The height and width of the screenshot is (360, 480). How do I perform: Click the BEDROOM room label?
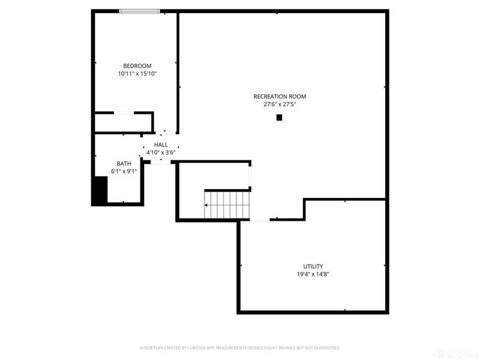(x=137, y=66)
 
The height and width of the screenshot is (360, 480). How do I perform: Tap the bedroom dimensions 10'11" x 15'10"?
(x=137, y=74)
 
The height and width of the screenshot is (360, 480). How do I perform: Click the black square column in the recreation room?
(x=279, y=118)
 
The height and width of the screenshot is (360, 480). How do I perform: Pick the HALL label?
(x=161, y=145)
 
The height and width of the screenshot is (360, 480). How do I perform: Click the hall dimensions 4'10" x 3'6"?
(x=161, y=152)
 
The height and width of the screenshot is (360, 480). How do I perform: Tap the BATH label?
(x=124, y=163)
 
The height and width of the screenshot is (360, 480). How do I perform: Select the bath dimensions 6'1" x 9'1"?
(x=124, y=171)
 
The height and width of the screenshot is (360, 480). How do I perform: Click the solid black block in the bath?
(x=99, y=191)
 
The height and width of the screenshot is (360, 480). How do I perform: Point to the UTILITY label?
(x=313, y=266)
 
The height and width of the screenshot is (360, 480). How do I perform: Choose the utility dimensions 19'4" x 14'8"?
(x=313, y=274)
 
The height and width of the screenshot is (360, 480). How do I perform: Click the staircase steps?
(x=228, y=205)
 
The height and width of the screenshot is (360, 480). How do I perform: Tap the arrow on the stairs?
(x=208, y=205)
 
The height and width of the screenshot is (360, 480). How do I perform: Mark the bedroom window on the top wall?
(x=139, y=11)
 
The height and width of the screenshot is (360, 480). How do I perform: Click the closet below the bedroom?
(x=123, y=122)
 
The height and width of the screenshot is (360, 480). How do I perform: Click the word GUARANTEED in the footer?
(x=325, y=348)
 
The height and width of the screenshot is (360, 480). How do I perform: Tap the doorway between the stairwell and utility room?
(x=259, y=220)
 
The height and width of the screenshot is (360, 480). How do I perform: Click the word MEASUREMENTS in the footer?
(x=238, y=348)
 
